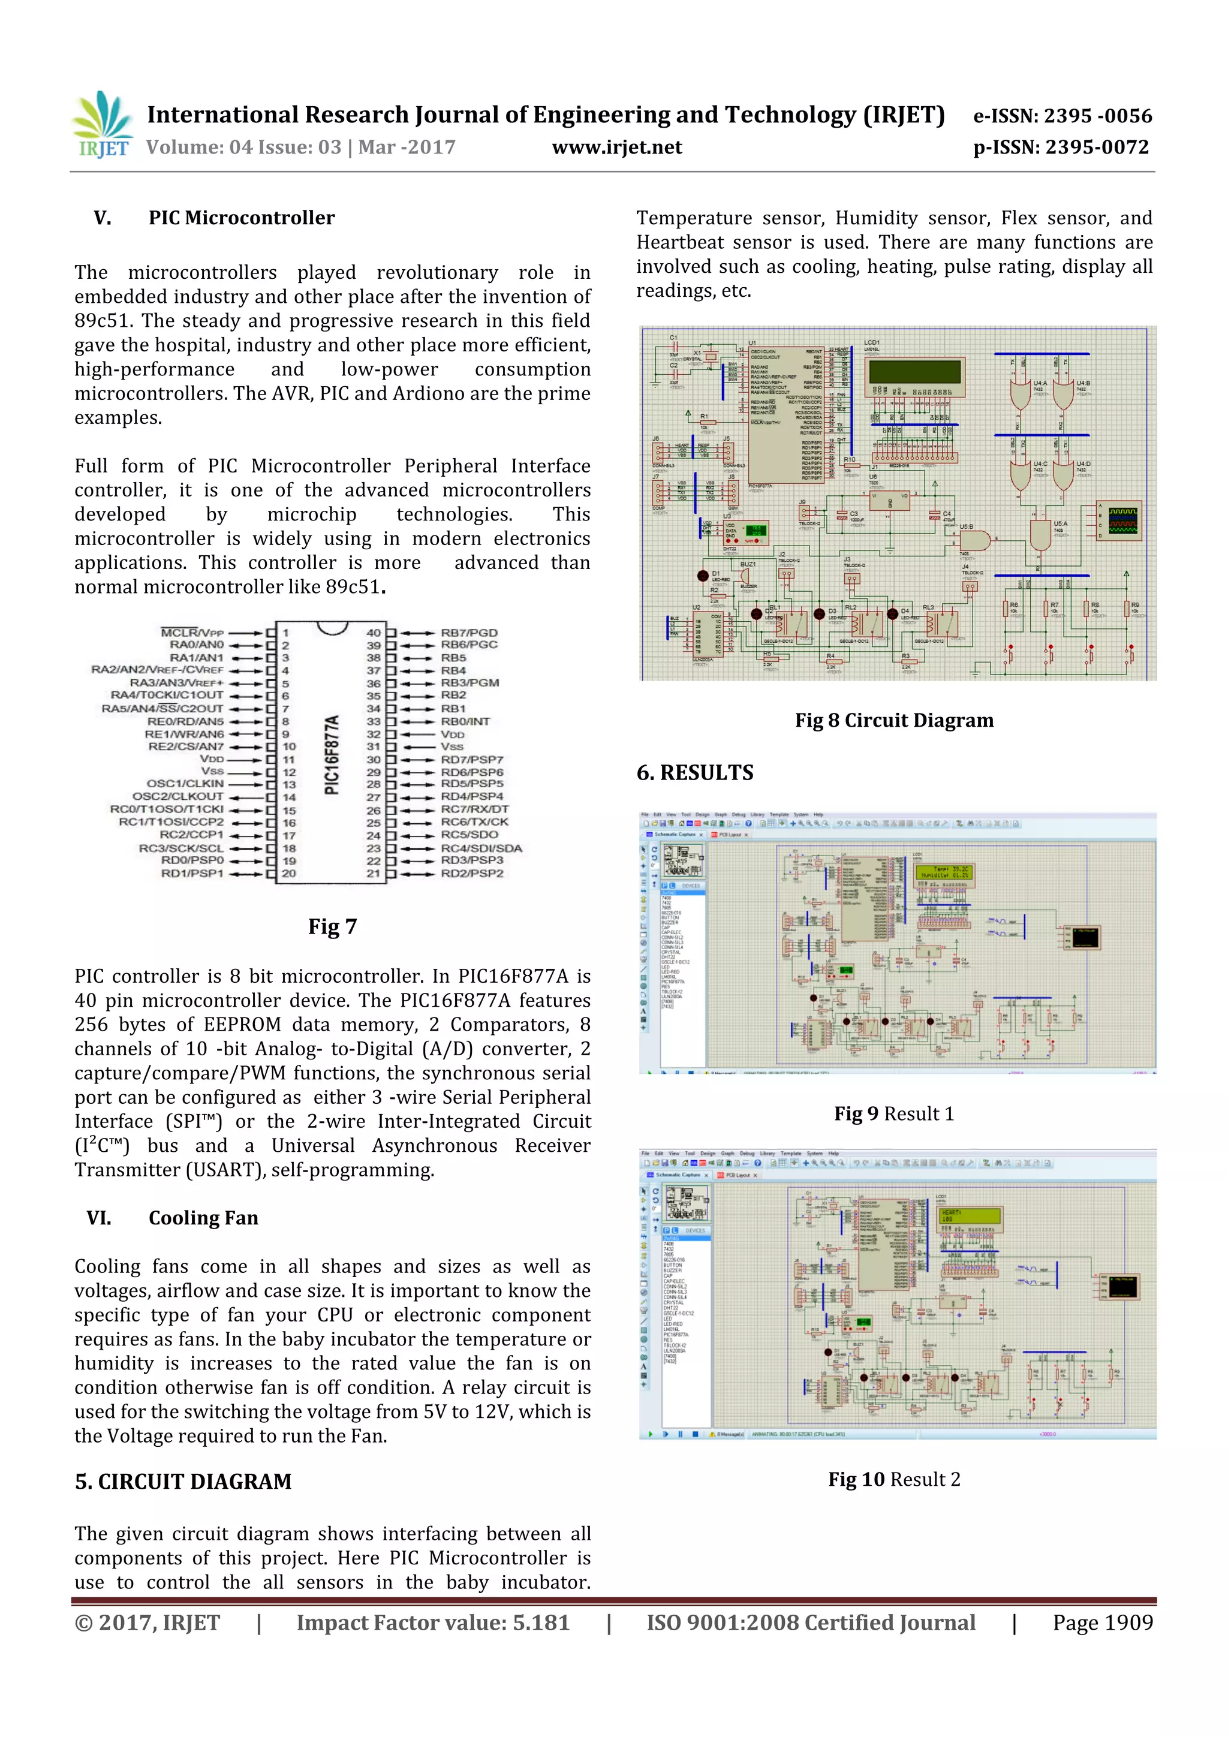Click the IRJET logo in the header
(x=102, y=125)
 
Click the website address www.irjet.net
(x=616, y=147)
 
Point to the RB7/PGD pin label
(x=469, y=633)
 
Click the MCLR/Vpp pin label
(x=192, y=633)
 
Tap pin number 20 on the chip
(x=289, y=873)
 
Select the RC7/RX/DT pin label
(x=474, y=809)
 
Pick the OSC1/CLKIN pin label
(x=185, y=784)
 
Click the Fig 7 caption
(x=332, y=927)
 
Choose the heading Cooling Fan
(x=203, y=1218)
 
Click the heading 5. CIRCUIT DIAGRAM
(x=183, y=1482)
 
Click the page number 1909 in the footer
(x=1103, y=1622)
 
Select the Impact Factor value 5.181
(x=433, y=1622)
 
